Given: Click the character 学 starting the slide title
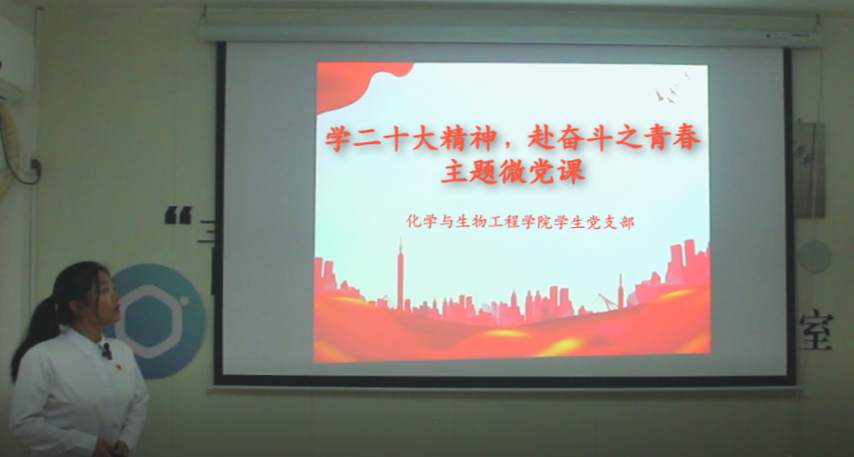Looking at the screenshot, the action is pos(337,140).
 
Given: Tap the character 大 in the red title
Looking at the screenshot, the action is pos(423,140).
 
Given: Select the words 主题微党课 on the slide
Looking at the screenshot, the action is pos(513,171).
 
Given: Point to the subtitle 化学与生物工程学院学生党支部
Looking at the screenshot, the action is pos(521,222).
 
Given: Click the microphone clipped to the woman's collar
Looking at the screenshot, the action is pos(107,351).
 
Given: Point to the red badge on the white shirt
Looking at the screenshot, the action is pos(117,368).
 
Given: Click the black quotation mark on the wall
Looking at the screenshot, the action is pos(178,215).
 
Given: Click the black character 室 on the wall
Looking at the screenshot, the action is pos(816,330).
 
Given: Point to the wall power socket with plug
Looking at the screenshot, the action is pos(36,166).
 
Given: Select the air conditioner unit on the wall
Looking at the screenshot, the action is pos(15,58).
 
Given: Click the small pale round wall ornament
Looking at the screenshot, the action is pos(816,257).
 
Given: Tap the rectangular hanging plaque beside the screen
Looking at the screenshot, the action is pos(809,169).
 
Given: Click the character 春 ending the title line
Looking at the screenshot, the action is pos(687,140).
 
